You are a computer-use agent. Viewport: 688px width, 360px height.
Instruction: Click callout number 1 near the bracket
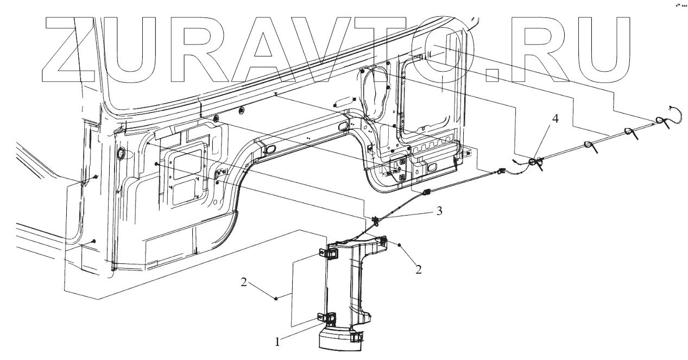[x=278, y=342]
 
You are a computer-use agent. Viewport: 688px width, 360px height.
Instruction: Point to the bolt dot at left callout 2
[x=277, y=298]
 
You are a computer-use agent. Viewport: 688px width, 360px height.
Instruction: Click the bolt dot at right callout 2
[x=400, y=245]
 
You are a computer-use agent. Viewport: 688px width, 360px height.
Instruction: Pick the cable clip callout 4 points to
[x=536, y=162]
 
